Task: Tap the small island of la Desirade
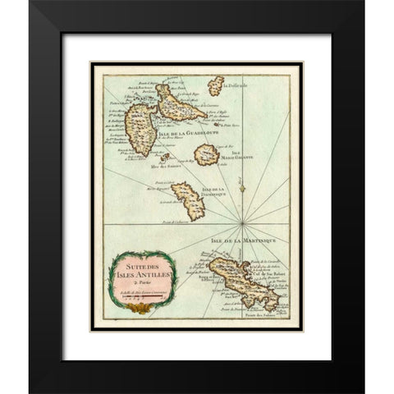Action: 216,85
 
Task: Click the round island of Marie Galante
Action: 205,153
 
